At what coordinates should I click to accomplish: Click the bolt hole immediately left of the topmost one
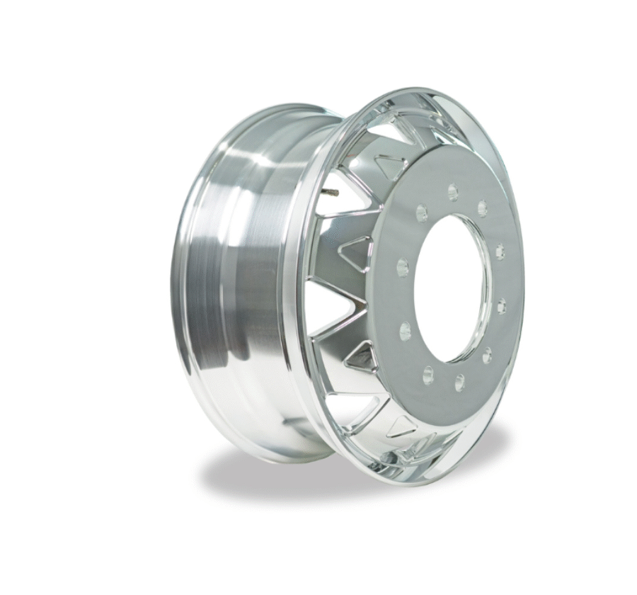pyautogui.click(x=423, y=211)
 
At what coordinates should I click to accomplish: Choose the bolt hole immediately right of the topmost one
pyautogui.click(x=483, y=208)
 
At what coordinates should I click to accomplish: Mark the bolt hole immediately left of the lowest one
pyautogui.click(x=427, y=372)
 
